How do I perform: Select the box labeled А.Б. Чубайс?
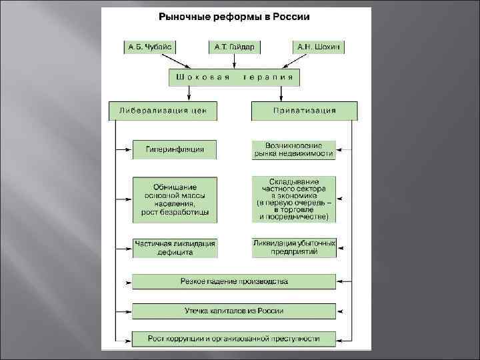coord(149,47)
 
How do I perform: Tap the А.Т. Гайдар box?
coord(234,47)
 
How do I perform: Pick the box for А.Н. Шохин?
coord(319,47)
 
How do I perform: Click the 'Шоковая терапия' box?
coord(234,78)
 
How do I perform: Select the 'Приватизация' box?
coord(304,110)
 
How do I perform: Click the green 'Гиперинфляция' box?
coord(175,149)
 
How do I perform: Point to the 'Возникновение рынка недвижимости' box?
coord(293,149)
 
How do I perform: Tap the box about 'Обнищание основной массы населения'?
coord(175,199)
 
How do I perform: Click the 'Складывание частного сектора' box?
coord(293,199)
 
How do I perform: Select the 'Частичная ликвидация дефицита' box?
coord(175,248)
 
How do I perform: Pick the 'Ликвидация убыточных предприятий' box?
coord(293,248)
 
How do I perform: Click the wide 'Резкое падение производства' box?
coord(234,281)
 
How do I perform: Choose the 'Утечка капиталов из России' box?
coord(234,311)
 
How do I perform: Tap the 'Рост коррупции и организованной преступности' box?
coord(234,339)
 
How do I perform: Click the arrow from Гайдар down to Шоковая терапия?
coord(234,61)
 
